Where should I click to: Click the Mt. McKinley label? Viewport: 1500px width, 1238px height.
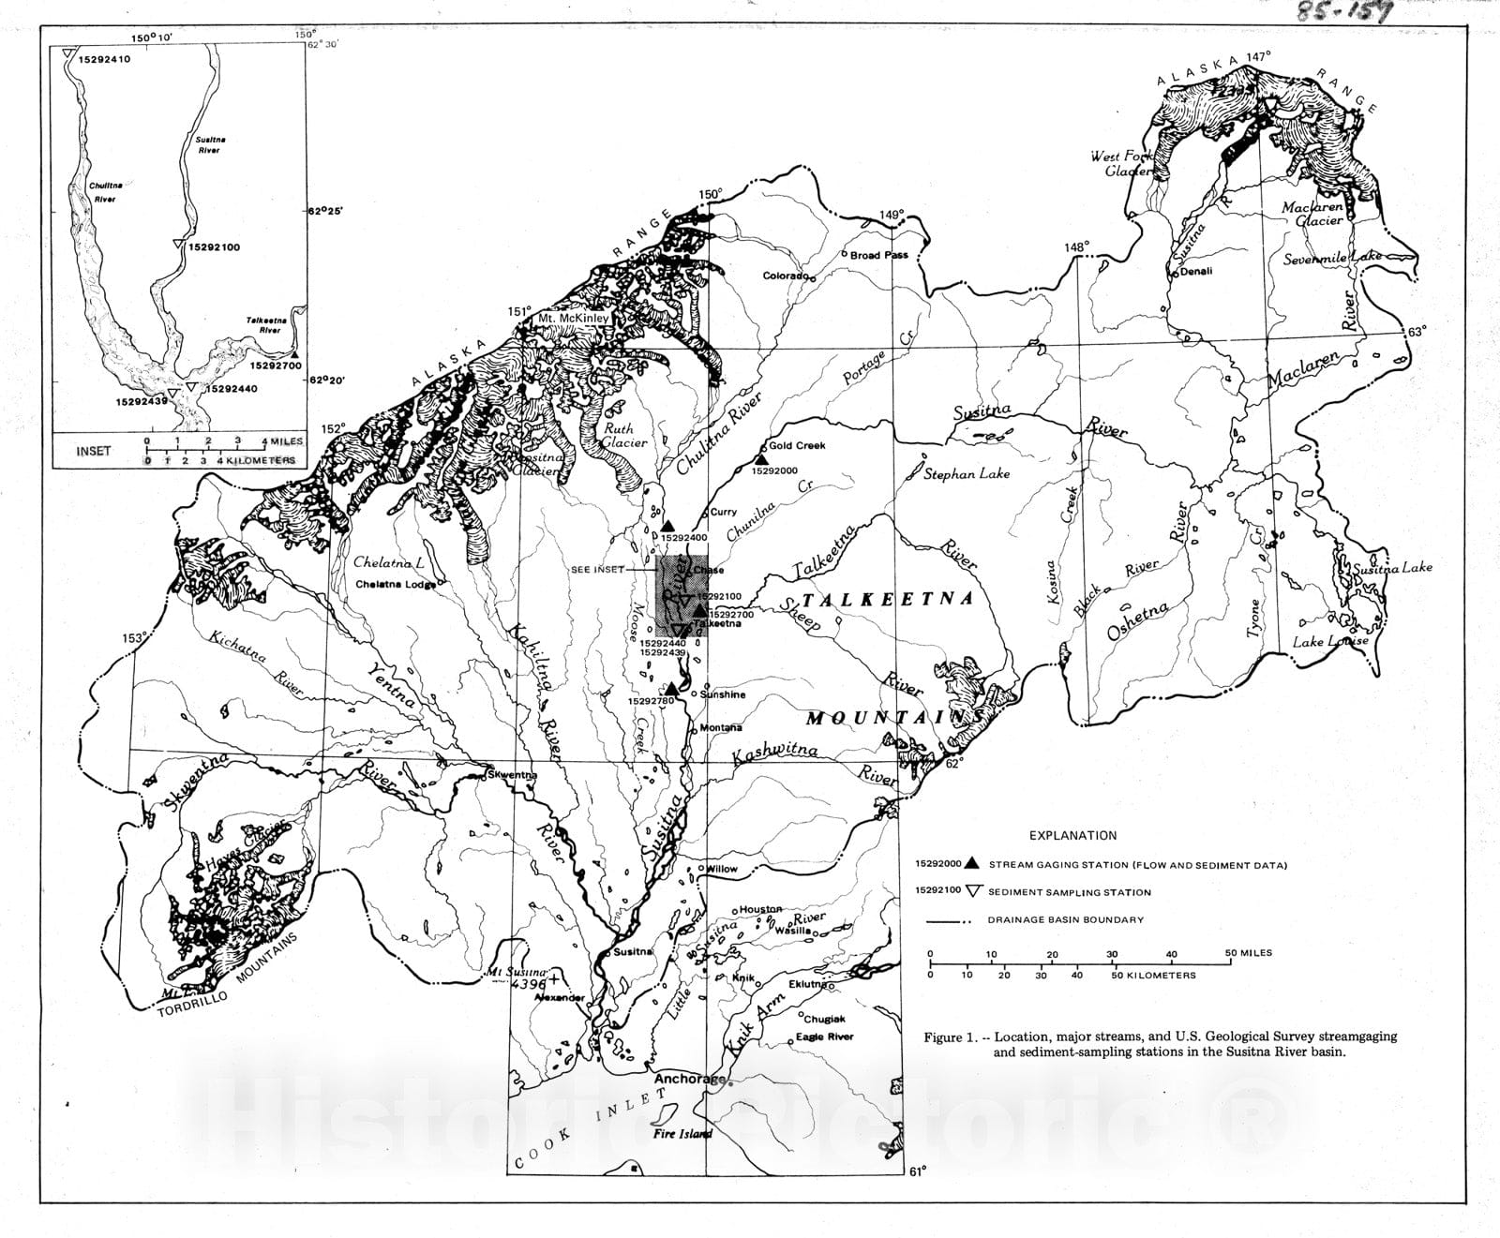click(573, 319)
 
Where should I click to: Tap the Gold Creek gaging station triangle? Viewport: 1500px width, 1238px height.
click(761, 459)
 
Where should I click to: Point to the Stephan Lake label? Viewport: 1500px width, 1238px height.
click(967, 474)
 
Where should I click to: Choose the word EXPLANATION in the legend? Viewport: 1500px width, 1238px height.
click(1072, 836)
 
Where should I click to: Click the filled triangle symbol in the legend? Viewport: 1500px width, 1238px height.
click(972, 864)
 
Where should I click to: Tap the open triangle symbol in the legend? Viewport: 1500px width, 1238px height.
click(972, 891)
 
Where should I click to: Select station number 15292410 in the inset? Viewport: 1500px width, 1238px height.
click(104, 59)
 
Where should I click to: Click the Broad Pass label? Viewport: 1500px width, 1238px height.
click(879, 255)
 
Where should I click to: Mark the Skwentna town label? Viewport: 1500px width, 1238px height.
click(513, 775)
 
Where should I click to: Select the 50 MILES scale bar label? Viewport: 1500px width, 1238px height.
click(1248, 953)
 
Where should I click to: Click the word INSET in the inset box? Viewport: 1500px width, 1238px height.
click(93, 451)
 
